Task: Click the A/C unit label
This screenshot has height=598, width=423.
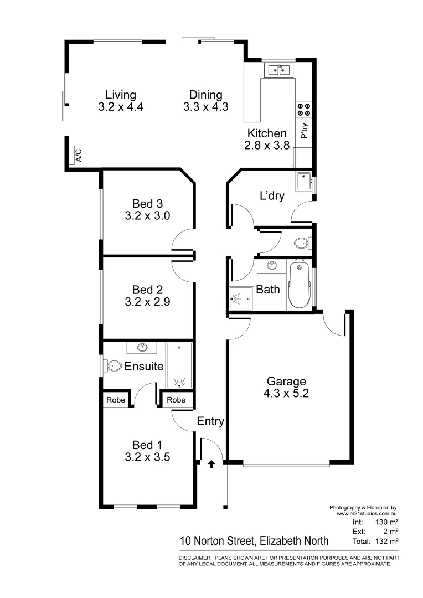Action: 78,155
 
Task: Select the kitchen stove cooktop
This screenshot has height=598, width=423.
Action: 303,109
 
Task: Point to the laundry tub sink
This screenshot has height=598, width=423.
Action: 303,181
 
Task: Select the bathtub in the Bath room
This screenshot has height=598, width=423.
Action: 300,286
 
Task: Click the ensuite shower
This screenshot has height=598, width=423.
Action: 179,366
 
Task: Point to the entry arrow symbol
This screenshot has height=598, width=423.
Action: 211,463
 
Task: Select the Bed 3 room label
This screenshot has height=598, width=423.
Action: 147,203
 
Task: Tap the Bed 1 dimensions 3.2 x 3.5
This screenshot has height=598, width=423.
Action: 147,457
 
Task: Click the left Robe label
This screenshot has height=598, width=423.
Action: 115,400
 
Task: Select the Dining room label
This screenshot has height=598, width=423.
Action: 205,95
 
